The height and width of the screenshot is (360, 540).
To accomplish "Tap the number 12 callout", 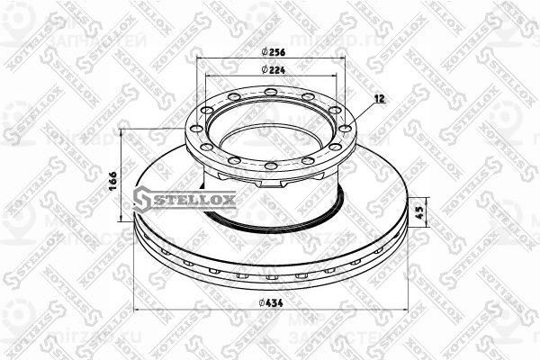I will [x=379, y=99].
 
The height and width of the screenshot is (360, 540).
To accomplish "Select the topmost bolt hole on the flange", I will [x=270, y=90].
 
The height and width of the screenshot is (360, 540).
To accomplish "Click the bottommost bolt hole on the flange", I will [x=270, y=166].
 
